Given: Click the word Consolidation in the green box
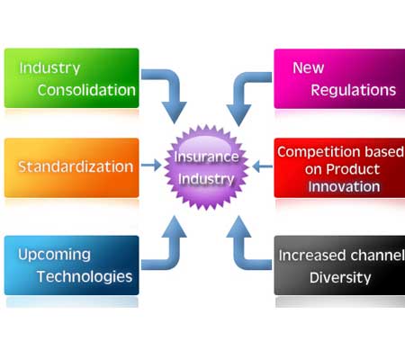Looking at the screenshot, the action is [86, 90].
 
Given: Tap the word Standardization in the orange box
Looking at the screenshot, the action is [76, 166].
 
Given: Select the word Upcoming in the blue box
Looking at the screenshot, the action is [54, 256].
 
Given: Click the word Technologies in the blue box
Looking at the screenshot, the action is [85, 277].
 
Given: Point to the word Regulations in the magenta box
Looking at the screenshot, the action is [354, 91].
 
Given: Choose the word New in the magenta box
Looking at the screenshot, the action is [309, 67].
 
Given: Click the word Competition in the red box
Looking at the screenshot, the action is [319, 152].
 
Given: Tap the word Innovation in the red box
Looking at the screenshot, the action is [344, 186].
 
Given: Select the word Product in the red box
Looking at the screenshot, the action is [353, 169].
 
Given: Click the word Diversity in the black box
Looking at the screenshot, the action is [340, 278].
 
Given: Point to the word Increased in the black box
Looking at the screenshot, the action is [312, 256].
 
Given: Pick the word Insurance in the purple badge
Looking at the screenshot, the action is [206, 157].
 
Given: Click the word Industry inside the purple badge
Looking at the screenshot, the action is [206, 179].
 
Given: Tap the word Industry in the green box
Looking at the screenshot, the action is [49, 68].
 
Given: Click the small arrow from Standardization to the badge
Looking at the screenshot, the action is [151, 165].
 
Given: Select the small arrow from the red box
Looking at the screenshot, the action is [263, 166].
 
